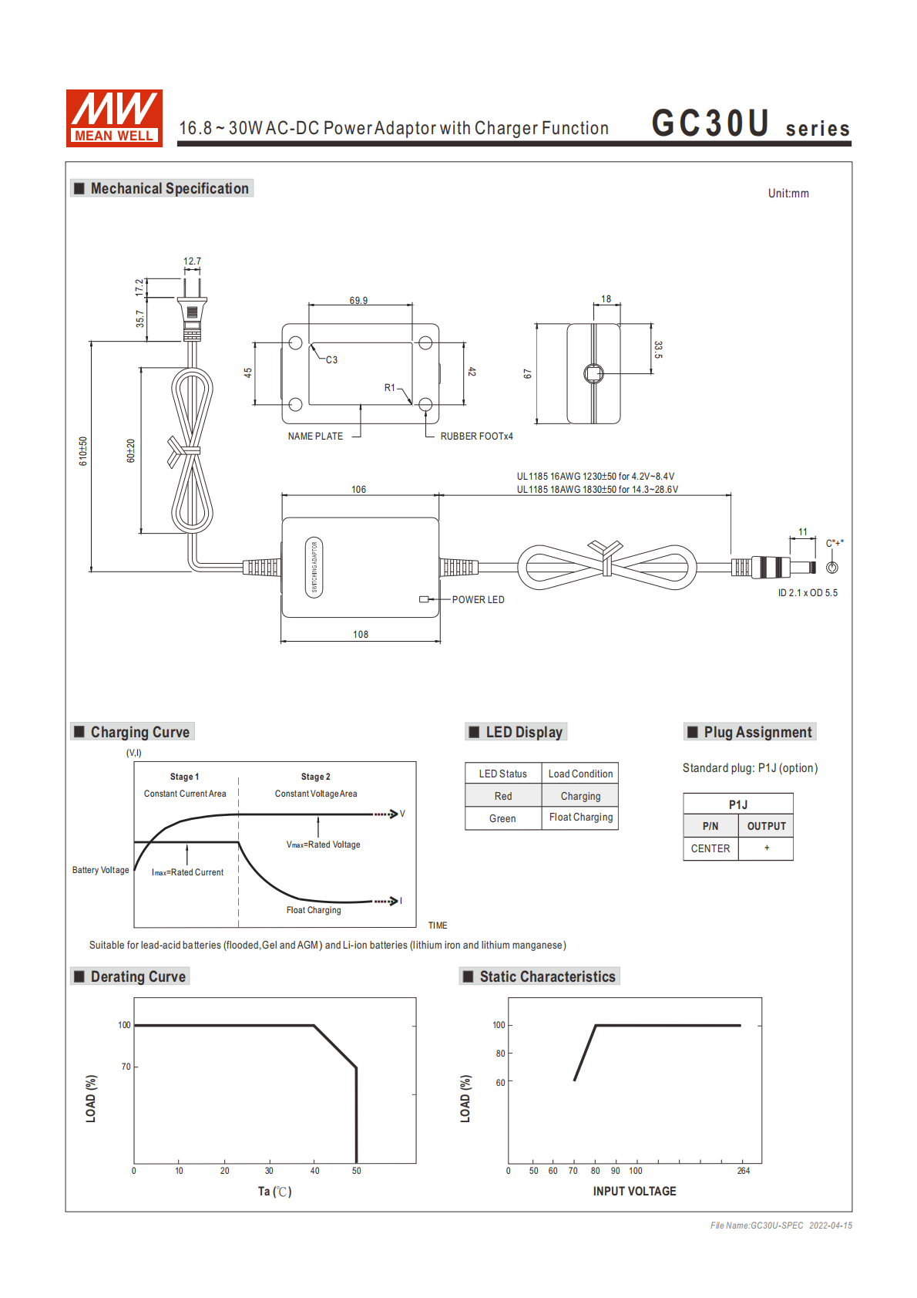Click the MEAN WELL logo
(x=114, y=118)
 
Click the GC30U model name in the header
(x=710, y=123)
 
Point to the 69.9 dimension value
(x=358, y=301)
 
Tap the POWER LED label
(x=478, y=600)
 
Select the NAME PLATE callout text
(x=315, y=437)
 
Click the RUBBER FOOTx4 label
(x=476, y=437)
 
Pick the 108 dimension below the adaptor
(x=361, y=635)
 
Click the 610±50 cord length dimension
(x=83, y=451)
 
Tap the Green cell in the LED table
(x=502, y=818)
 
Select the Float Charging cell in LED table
(x=581, y=818)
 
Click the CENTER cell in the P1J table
(x=710, y=848)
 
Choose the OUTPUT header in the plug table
(x=766, y=826)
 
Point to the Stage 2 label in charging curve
(x=316, y=777)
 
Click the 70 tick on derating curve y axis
(x=126, y=1067)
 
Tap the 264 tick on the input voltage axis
(x=743, y=1171)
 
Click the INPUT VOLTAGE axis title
(x=634, y=1192)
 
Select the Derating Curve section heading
(x=138, y=976)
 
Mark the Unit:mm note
(x=788, y=194)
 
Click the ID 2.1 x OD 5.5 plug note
(x=808, y=593)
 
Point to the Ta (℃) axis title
(x=274, y=1192)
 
